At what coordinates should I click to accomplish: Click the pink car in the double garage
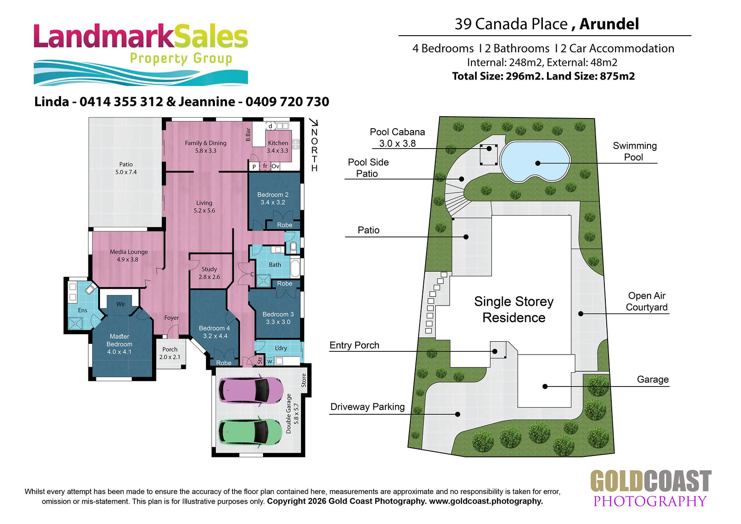tap(251, 390)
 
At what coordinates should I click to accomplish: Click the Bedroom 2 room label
tap(273, 199)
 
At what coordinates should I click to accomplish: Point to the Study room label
tap(209, 273)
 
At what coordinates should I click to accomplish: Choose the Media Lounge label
tap(129, 256)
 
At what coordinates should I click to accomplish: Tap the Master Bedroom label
tap(119, 344)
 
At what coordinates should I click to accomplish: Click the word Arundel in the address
tap(609, 24)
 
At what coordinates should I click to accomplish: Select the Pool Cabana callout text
tap(397, 137)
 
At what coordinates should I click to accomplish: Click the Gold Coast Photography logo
tap(651, 489)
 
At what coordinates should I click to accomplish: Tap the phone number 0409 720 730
tap(287, 101)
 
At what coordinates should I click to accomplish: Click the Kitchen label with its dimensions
tap(277, 147)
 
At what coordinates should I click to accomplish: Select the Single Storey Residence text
tap(514, 309)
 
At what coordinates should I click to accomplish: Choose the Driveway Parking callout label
tap(368, 406)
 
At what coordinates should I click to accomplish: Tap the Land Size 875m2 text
tap(590, 76)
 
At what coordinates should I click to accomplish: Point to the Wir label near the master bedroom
tap(120, 304)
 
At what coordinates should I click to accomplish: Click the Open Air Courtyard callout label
tap(647, 301)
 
